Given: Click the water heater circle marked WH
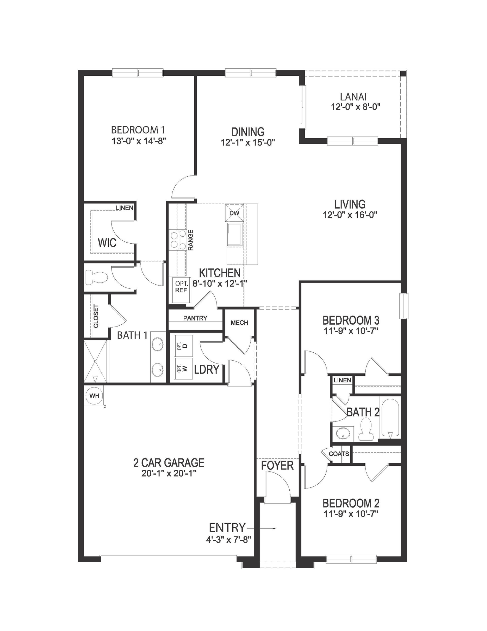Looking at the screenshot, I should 94,396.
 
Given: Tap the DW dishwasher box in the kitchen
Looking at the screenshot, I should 235,213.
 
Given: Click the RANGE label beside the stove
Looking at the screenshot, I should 190,240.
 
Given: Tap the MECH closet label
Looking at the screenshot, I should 239,323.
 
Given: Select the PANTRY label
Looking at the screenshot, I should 195,318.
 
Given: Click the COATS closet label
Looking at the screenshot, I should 339,454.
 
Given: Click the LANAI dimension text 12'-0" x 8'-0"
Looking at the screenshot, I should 355,107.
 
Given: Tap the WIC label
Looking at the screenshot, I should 107,243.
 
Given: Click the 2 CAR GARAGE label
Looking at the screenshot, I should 169,463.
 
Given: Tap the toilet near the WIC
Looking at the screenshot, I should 96,277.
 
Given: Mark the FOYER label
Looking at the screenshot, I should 277,465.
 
